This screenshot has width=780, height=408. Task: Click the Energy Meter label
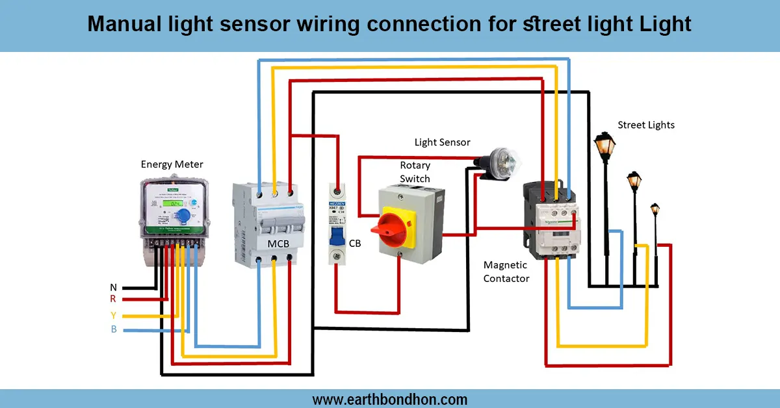click(172, 164)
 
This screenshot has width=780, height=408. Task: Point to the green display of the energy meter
click(172, 203)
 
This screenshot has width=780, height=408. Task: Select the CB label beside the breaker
click(355, 244)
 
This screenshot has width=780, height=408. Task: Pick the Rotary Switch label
click(415, 172)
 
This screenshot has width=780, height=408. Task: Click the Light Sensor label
click(442, 142)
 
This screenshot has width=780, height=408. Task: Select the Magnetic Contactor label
click(506, 272)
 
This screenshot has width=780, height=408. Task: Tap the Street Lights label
click(645, 125)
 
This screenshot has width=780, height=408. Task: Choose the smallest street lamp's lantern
click(655, 209)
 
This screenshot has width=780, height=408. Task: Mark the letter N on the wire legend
click(113, 287)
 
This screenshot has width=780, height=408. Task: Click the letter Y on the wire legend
click(113, 316)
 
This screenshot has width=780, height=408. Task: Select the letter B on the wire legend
click(113, 330)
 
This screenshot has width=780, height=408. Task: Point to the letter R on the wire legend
click(113, 300)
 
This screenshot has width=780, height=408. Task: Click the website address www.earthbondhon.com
click(389, 399)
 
